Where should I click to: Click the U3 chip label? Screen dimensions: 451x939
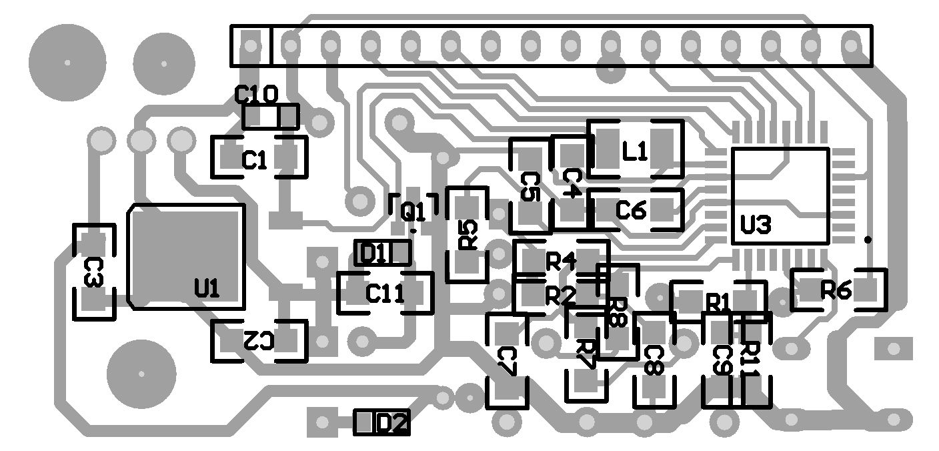point(756,225)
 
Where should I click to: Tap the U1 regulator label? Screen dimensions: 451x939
point(207,289)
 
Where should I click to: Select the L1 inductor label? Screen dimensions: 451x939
point(634,152)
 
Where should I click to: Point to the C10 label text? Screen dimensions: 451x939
point(256,95)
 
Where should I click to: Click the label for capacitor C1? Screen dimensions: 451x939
point(254,160)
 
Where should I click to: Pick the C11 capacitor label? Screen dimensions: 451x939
point(385,293)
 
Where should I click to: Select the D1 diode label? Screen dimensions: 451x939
point(373,254)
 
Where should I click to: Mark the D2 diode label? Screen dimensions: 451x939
point(392,423)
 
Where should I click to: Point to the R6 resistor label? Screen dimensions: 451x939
point(836,290)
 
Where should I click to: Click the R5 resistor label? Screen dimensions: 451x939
point(469,234)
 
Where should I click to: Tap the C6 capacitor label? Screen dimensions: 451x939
point(631,211)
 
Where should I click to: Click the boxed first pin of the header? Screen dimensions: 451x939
point(251,46)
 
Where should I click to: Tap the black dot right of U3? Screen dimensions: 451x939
point(868,239)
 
